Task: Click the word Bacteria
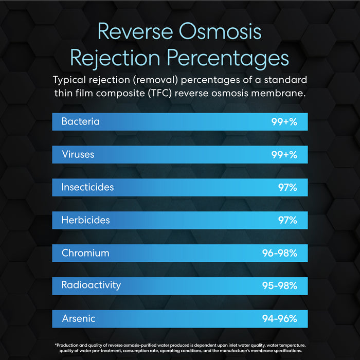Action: pos(80,122)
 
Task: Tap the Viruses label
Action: pos(78,154)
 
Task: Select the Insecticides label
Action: pos(87,187)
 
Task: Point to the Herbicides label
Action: pos(85,220)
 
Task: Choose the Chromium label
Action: pos(85,253)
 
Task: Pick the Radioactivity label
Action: pos(91,285)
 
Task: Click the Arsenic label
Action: pos(79,318)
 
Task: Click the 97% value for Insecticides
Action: pos(288,188)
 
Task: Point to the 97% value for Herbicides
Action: pos(288,221)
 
